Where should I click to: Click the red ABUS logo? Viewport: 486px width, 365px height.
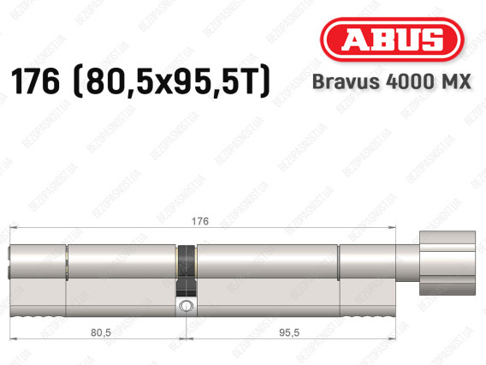392,39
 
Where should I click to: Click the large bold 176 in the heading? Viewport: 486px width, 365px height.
35,81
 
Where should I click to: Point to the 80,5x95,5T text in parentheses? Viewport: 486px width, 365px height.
172,81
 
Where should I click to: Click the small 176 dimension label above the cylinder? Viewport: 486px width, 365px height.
200,221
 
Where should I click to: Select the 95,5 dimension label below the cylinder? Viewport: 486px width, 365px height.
289,332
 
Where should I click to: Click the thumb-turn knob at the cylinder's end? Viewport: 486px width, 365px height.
447,262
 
